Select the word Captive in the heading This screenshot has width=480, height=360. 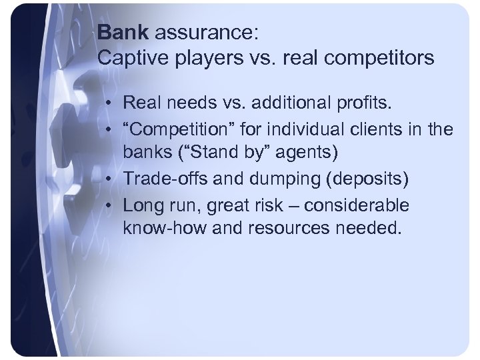[x=129, y=57]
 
